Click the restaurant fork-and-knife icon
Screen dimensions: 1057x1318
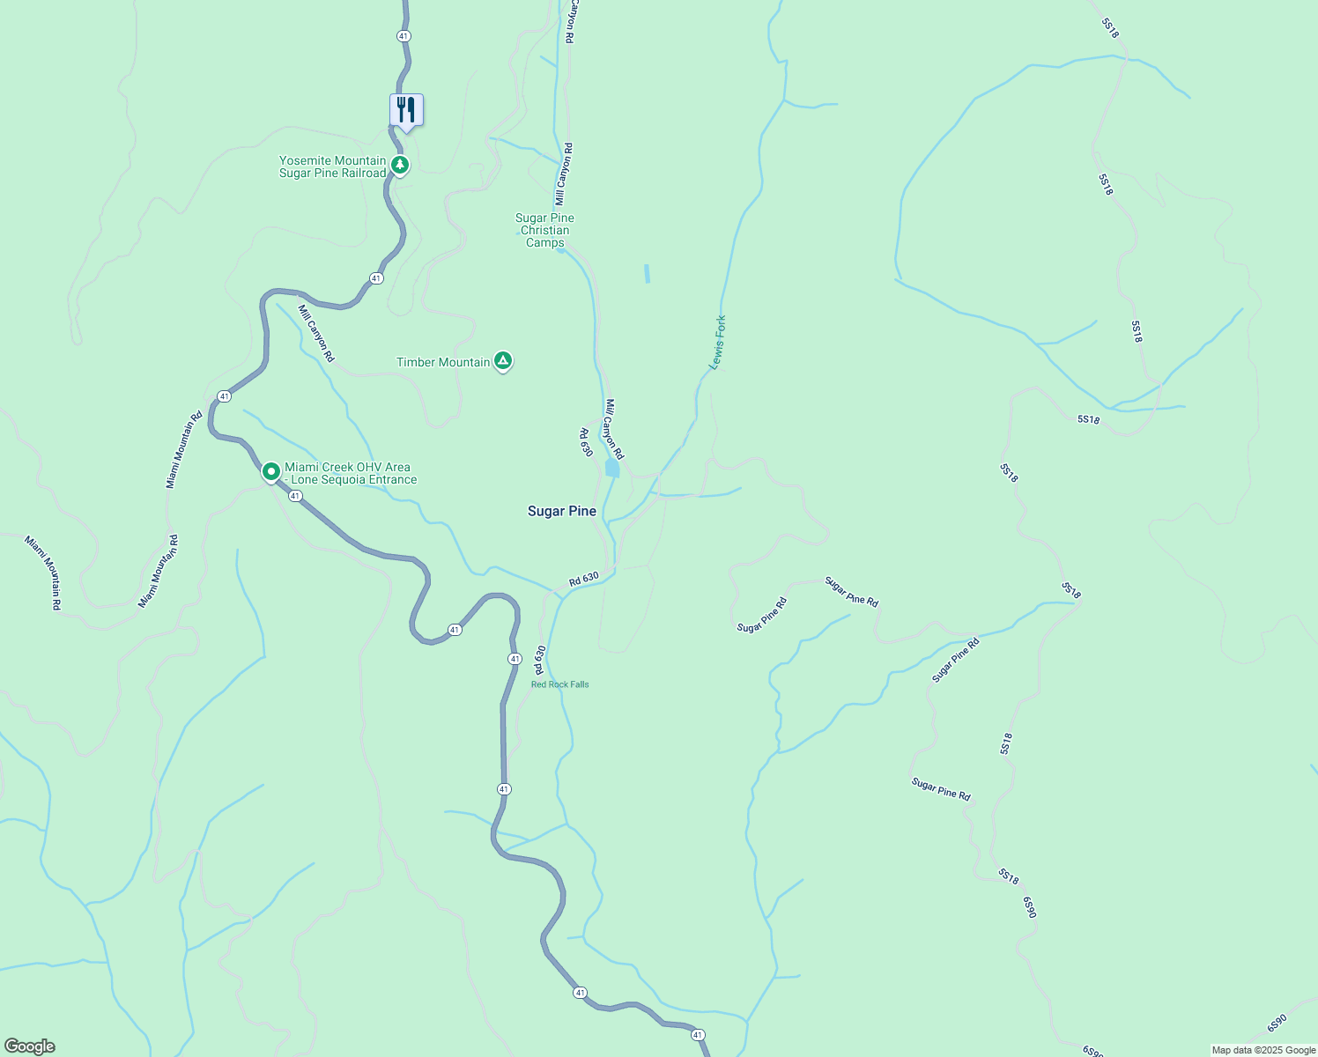click(x=406, y=110)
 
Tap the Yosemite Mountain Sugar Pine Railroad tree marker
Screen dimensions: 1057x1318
click(x=400, y=165)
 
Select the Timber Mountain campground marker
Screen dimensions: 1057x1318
click(x=502, y=360)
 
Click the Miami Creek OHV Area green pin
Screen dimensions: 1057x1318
click(x=271, y=472)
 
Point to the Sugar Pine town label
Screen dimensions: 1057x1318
click(x=562, y=511)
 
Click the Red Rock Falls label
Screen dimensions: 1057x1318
click(x=560, y=684)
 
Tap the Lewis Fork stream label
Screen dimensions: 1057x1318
click(x=718, y=343)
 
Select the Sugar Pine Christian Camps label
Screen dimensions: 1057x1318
click(x=544, y=230)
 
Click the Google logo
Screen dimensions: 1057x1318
click(x=30, y=1046)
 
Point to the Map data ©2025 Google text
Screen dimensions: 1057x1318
click(x=1263, y=1050)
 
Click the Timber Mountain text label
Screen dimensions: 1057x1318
click(x=443, y=362)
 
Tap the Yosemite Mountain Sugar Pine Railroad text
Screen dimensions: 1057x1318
click(x=333, y=166)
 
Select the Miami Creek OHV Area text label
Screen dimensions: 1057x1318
click(x=350, y=473)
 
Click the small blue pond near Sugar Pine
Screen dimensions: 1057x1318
click(x=612, y=468)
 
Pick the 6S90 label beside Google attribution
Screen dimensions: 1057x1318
click(x=1277, y=1024)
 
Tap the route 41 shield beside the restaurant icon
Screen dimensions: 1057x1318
click(x=404, y=36)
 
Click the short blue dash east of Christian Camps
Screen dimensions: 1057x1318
click(x=647, y=274)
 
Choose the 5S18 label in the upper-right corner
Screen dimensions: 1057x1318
click(x=1110, y=28)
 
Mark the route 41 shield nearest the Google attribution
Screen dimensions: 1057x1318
click(x=698, y=1035)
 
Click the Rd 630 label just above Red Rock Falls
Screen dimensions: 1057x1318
click(x=540, y=660)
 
